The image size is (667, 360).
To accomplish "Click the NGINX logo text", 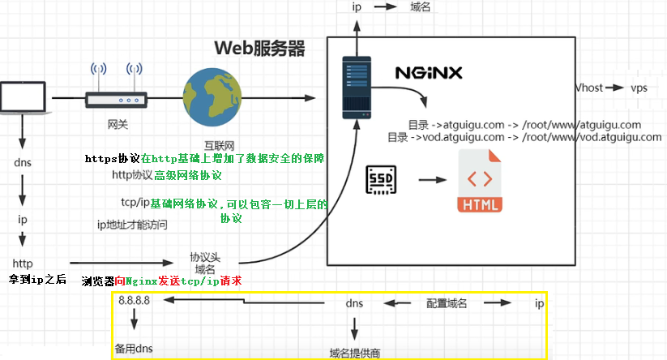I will click(x=429, y=72).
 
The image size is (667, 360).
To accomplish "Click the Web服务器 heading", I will click(x=259, y=49).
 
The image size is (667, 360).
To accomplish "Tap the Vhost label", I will click(x=589, y=88).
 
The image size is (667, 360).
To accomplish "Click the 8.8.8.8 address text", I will click(x=134, y=300).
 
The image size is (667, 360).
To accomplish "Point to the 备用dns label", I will click(x=133, y=349).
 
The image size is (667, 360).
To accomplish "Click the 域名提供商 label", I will click(x=355, y=353).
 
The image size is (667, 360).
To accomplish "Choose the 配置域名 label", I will click(x=447, y=303).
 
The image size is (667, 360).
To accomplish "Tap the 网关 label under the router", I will click(x=118, y=125).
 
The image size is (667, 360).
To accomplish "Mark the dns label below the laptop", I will click(x=23, y=162).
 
